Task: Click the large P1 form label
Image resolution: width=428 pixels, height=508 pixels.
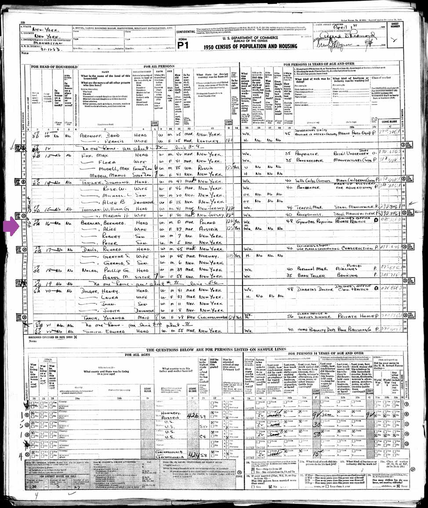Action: click(182, 45)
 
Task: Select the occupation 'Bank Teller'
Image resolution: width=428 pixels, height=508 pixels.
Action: click(300, 275)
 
